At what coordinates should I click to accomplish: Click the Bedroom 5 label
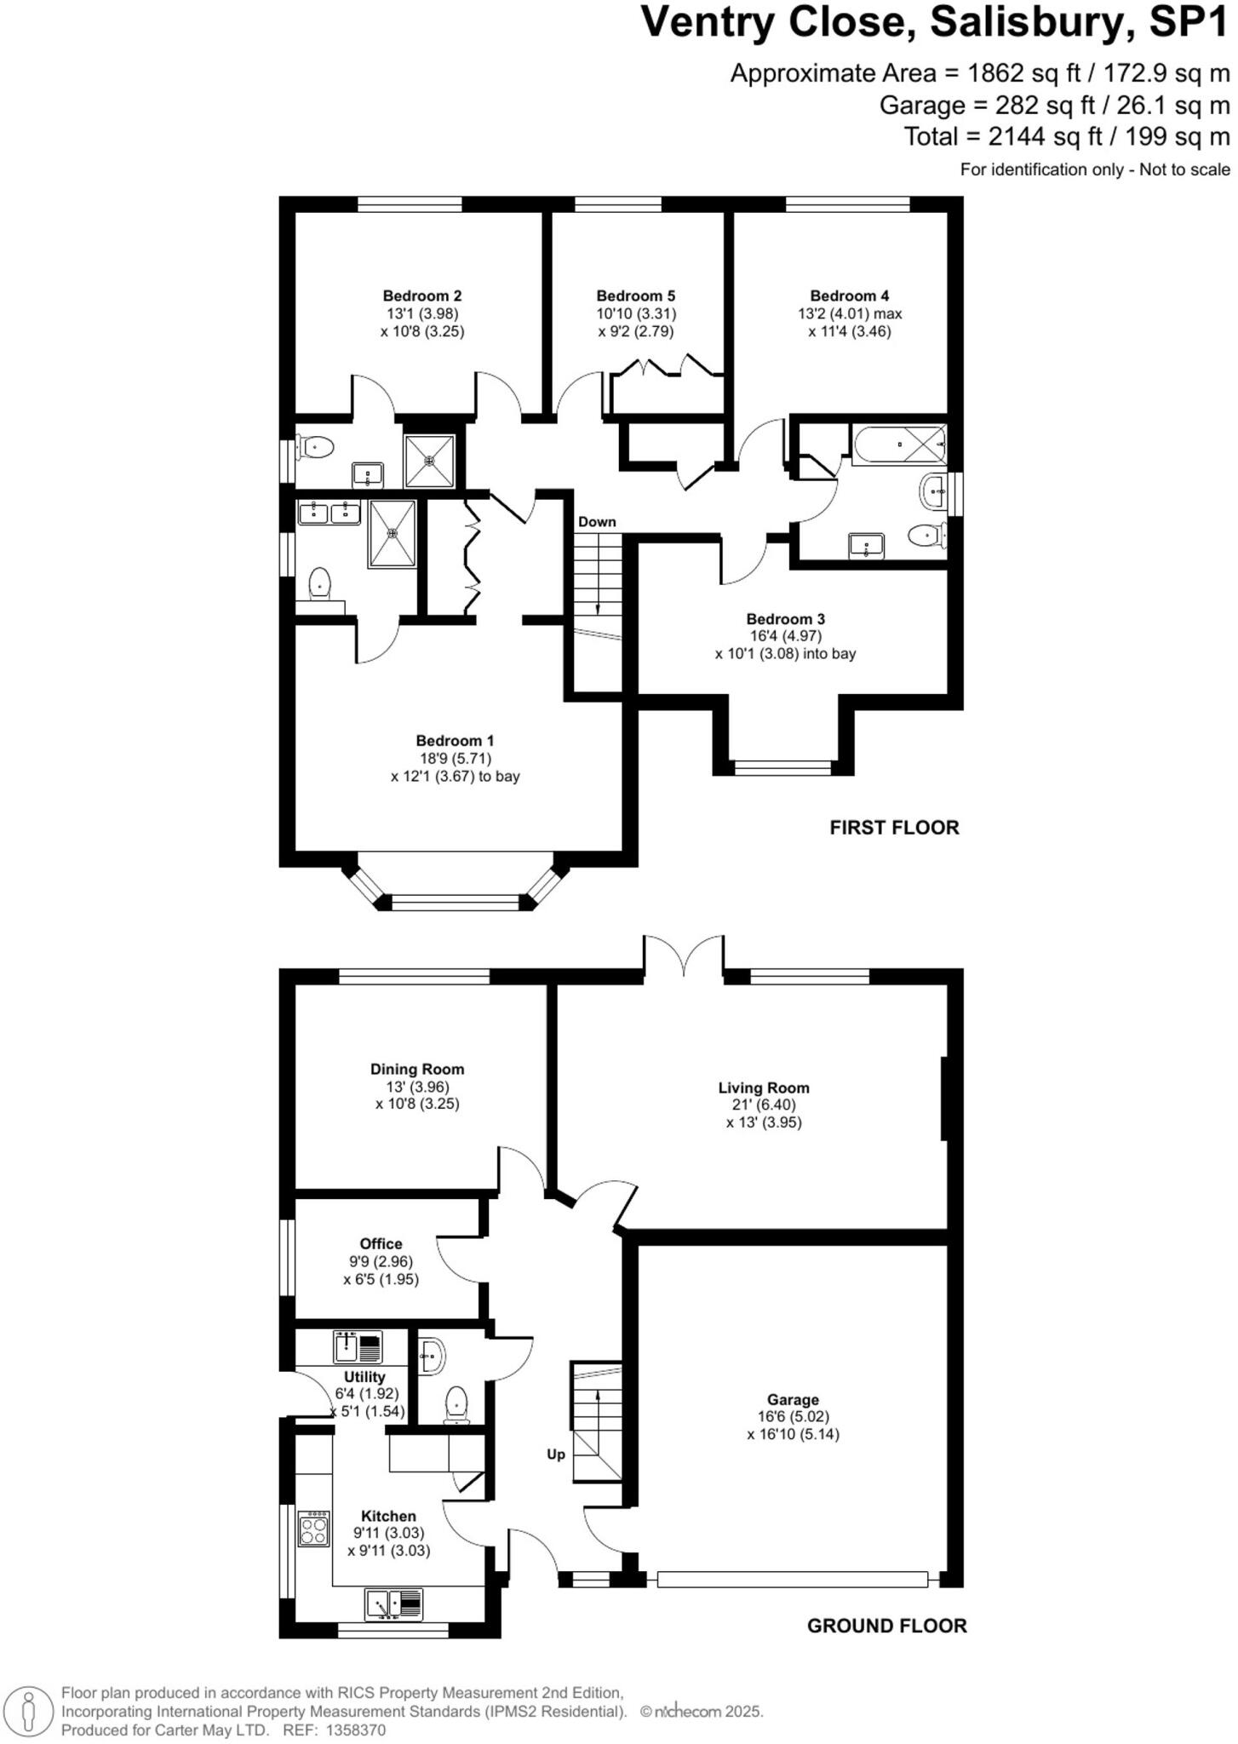(x=635, y=296)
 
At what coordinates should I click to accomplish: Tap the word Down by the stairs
(x=596, y=522)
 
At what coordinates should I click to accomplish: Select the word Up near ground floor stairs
(x=555, y=1454)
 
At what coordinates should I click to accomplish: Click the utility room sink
(x=358, y=1347)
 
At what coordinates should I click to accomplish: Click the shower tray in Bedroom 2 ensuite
(x=430, y=460)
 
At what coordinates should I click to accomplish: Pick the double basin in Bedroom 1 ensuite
(x=329, y=512)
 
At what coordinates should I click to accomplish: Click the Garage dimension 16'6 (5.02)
(x=792, y=1417)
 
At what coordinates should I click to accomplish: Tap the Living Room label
(x=763, y=1087)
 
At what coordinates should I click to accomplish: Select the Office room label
(x=381, y=1244)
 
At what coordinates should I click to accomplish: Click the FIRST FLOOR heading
(x=894, y=828)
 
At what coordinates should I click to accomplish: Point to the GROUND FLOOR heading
(x=886, y=1626)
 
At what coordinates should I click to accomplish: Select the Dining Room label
(x=417, y=1070)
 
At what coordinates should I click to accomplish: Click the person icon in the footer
(x=28, y=1711)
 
